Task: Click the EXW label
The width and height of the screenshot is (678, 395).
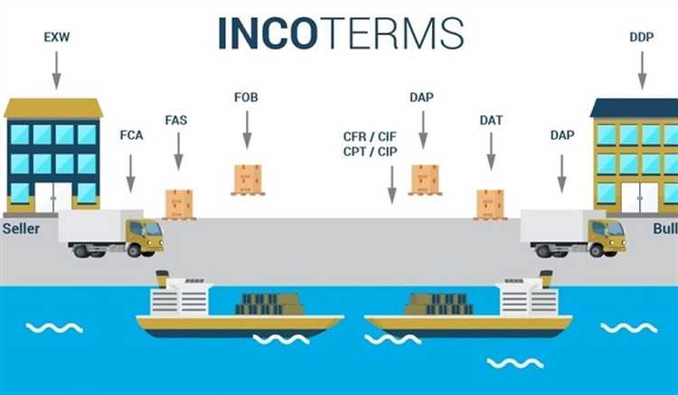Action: pyautogui.click(x=57, y=37)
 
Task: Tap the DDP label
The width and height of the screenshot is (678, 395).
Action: pyautogui.click(x=641, y=37)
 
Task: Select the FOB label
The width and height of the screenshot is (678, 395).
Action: pyautogui.click(x=246, y=98)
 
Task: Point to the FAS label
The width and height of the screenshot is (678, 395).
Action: pyautogui.click(x=176, y=120)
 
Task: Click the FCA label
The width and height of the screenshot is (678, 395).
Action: pyautogui.click(x=131, y=136)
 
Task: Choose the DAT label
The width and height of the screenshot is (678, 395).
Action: pyautogui.click(x=491, y=120)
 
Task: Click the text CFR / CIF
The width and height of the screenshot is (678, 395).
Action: pyautogui.click(x=370, y=136)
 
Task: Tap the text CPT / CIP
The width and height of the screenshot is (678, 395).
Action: pyautogui.click(x=370, y=152)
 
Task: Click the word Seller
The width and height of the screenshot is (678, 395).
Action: pyautogui.click(x=21, y=228)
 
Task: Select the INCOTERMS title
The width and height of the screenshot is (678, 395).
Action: pyautogui.click(x=341, y=33)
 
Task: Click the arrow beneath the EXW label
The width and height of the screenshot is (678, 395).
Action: pyautogui.click(x=56, y=71)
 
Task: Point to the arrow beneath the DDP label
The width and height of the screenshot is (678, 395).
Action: pyautogui.click(x=642, y=71)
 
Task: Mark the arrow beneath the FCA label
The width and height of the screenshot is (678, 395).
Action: pyautogui.click(x=130, y=174)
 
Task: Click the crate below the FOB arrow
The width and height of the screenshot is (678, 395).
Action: pyautogui.click(x=248, y=180)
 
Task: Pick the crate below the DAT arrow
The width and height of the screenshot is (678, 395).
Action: pyautogui.click(x=490, y=205)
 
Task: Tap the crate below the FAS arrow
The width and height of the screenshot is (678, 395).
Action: pyautogui.click(x=179, y=205)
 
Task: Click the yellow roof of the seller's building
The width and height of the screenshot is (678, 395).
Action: pyautogui.click(x=53, y=108)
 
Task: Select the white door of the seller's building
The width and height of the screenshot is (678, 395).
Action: pyautogui.click(x=53, y=197)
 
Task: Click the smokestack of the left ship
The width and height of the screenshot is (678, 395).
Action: pyautogui.click(x=162, y=278)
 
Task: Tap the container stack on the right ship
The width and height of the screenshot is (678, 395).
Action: pyautogui.click(x=439, y=304)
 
